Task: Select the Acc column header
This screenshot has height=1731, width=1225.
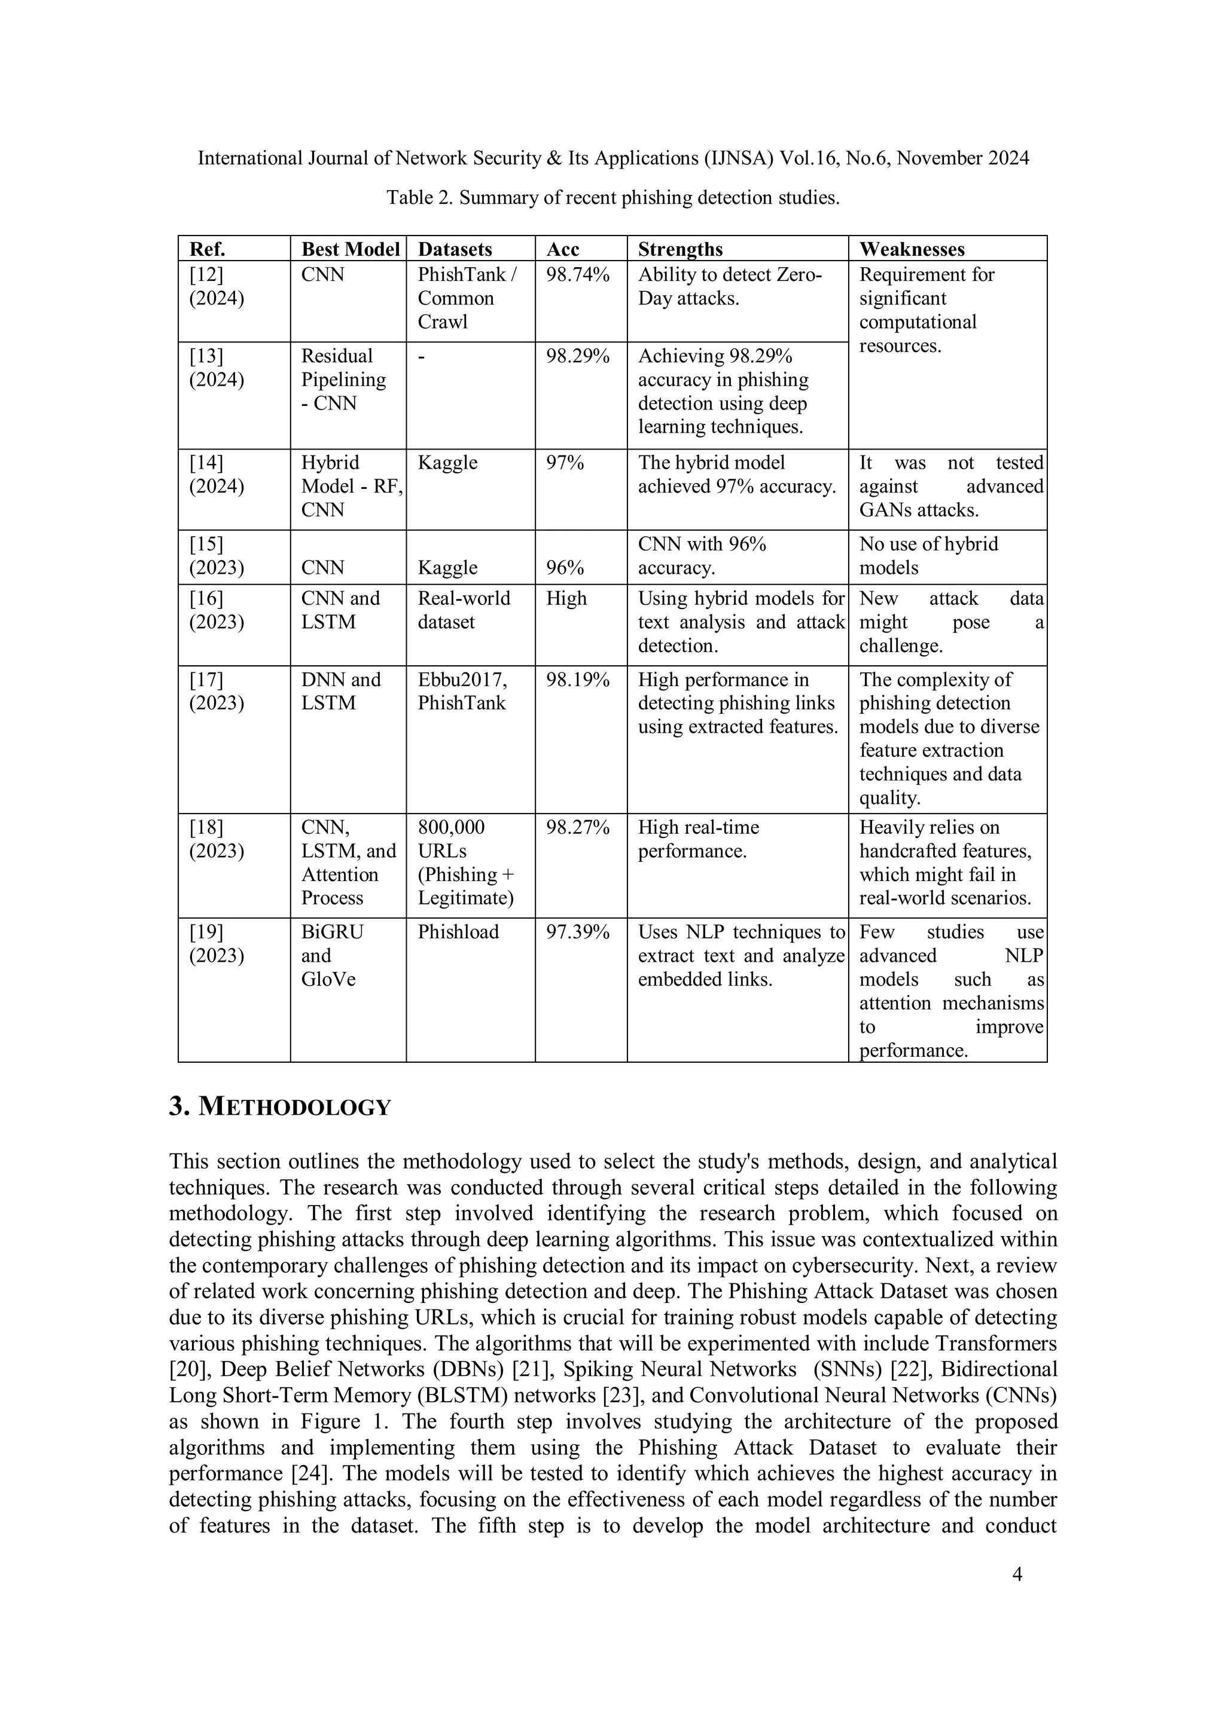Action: pyautogui.click(x=563, y=249)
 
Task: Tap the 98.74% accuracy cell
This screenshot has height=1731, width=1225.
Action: pyautogui.click(x=577, y=274)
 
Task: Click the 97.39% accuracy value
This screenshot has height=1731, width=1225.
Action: pyautogui.click(x=577, y=932)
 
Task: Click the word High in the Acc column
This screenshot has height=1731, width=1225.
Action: pyautogui.click(x=566, y=598)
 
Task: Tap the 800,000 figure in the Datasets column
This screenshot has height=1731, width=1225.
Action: pyautogui.click(x=451, y=827)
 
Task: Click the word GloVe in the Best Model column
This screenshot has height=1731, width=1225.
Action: pyautogui.click(x=328, y=979)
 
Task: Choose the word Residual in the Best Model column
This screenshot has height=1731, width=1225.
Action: pyautogui.click(x=336, y=356)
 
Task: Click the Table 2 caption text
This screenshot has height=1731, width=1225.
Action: pyautogui.click(x=612, y=197)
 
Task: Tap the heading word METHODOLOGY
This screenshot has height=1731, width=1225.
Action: pyautogui.click(x=294, y=1108)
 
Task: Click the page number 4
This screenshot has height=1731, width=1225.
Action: pyautogui.click(x=1016, y=1574)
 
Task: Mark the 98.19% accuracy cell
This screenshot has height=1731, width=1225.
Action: pyautogui.click(x=577, y=679)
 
